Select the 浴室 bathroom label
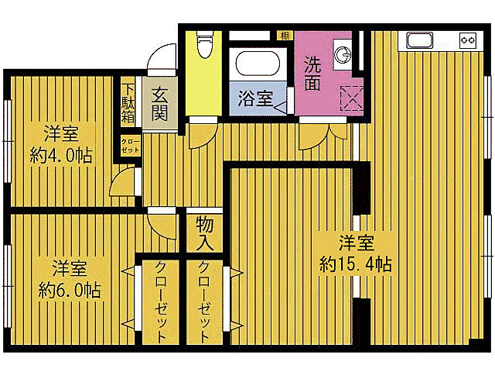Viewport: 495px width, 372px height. (x=254, y=98)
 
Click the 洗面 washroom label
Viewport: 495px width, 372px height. (x=312, y=73)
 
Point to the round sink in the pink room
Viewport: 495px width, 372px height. (x=343, y=54)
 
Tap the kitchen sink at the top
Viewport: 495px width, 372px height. (x=420, y=40)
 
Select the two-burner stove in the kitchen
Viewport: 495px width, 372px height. (x=468, y=40)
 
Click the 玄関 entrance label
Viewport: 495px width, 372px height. (x=159, y=103)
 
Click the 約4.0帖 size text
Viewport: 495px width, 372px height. (x=62, y=155)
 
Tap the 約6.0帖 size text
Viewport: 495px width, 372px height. (x=70, y=291)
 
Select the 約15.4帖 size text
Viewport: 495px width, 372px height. (x=356, y=263)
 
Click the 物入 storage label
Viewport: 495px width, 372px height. (x=205, y=233)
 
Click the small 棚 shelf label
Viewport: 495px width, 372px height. (x=285, y=35)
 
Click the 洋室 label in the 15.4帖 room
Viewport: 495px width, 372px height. (x=357, y=241)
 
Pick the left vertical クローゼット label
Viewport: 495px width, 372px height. (x=160, y=302)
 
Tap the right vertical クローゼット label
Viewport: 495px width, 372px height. (x=205, y=302)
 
